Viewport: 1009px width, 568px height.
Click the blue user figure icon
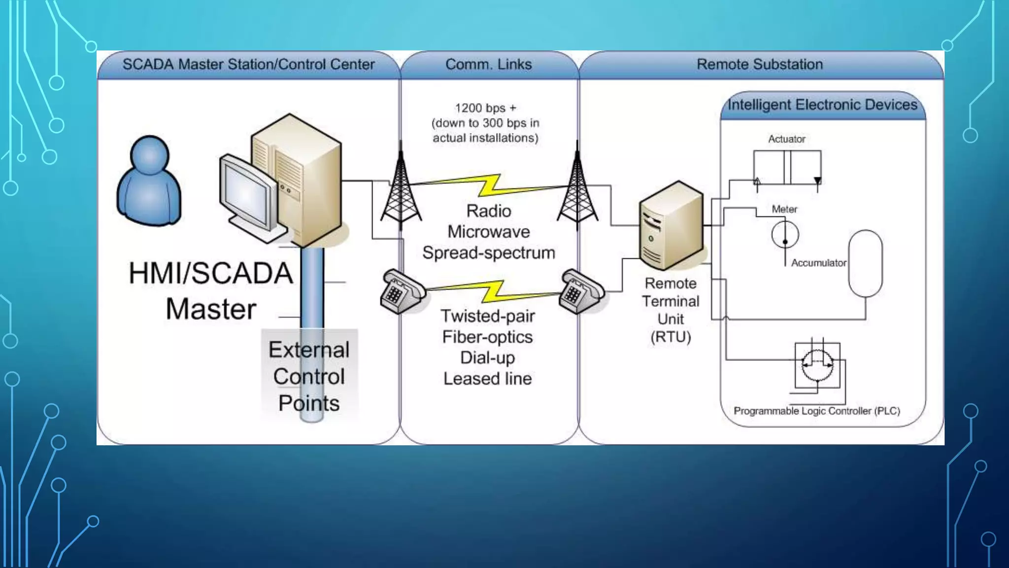(149, 181)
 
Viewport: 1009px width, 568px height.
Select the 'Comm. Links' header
(488, 65)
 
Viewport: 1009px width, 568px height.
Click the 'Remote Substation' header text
(759, 65)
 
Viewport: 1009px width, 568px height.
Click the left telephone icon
(402, 292)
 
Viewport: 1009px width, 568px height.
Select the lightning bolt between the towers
(490, 186)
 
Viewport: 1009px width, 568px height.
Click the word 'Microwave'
(488, 232)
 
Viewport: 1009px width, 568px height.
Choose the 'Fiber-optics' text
(487, 337)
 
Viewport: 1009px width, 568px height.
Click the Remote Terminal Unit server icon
(671, 225)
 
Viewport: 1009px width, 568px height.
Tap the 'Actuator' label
(786, 139)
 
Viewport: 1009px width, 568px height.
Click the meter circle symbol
(785, 235)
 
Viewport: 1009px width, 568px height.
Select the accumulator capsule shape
(865, 263)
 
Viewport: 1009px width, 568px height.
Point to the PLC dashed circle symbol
(817, 365)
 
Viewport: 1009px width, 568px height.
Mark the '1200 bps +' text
(485, 108)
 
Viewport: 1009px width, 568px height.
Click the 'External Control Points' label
(309, 377)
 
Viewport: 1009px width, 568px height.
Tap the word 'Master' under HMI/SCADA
(211, 310)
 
